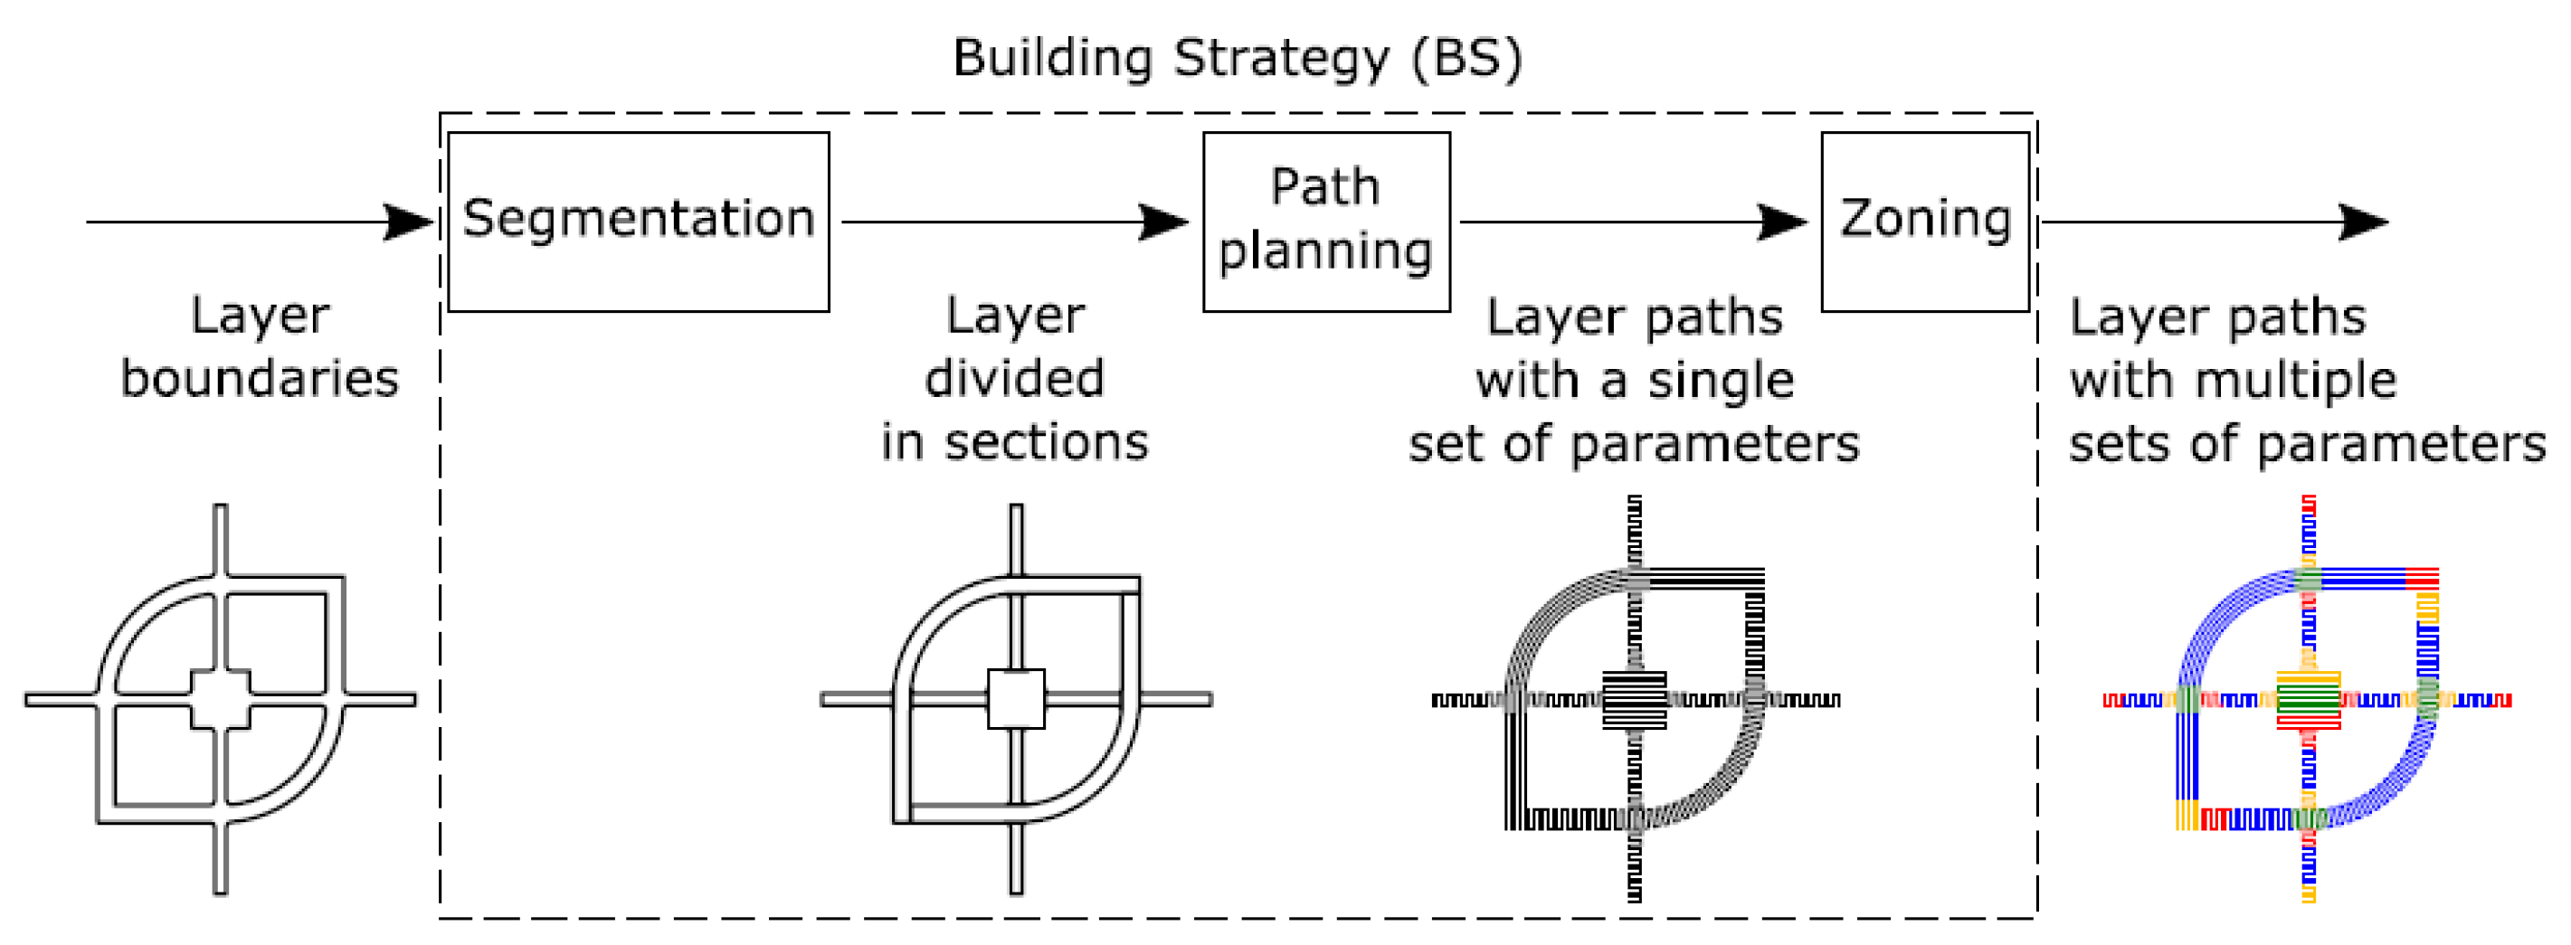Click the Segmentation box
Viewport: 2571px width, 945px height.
coord(638,222)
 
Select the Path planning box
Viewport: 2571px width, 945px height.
coord(1325,222)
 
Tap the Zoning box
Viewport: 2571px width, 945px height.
coord(1924,222)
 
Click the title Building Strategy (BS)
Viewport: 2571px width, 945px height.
coord(1237,58)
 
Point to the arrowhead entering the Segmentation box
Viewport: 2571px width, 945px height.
coord(409,222)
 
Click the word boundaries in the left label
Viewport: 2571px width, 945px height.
coord(260,379)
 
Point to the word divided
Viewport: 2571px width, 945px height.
coord(1014,379)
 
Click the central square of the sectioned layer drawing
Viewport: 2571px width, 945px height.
coord(1016,698)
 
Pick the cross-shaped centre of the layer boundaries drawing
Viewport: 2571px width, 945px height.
coord(221,698)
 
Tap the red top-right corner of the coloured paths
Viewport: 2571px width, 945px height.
coord(2422,578)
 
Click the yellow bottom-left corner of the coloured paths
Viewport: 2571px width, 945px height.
coord(2187,817)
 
